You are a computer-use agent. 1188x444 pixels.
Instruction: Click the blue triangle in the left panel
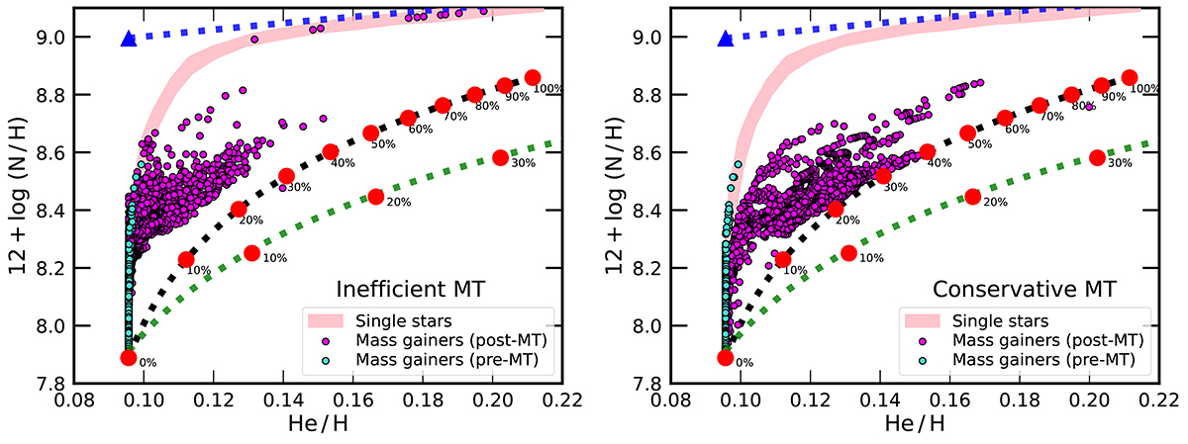click(x=128, y=39)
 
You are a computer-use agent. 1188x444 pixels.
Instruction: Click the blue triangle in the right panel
click(x=725, y=39)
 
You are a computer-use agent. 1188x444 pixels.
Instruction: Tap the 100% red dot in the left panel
click(x=533, y=77)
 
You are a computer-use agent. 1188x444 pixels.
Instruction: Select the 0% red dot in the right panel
click(x=725, y=357)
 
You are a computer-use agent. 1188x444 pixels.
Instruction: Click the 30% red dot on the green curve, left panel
click(x=500, y=157)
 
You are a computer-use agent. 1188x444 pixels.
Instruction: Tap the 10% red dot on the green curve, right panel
click(x=848, y=253)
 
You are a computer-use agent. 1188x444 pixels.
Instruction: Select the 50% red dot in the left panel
click(x=371, y=133)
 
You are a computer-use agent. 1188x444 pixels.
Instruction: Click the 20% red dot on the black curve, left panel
click(x=239, y=210)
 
